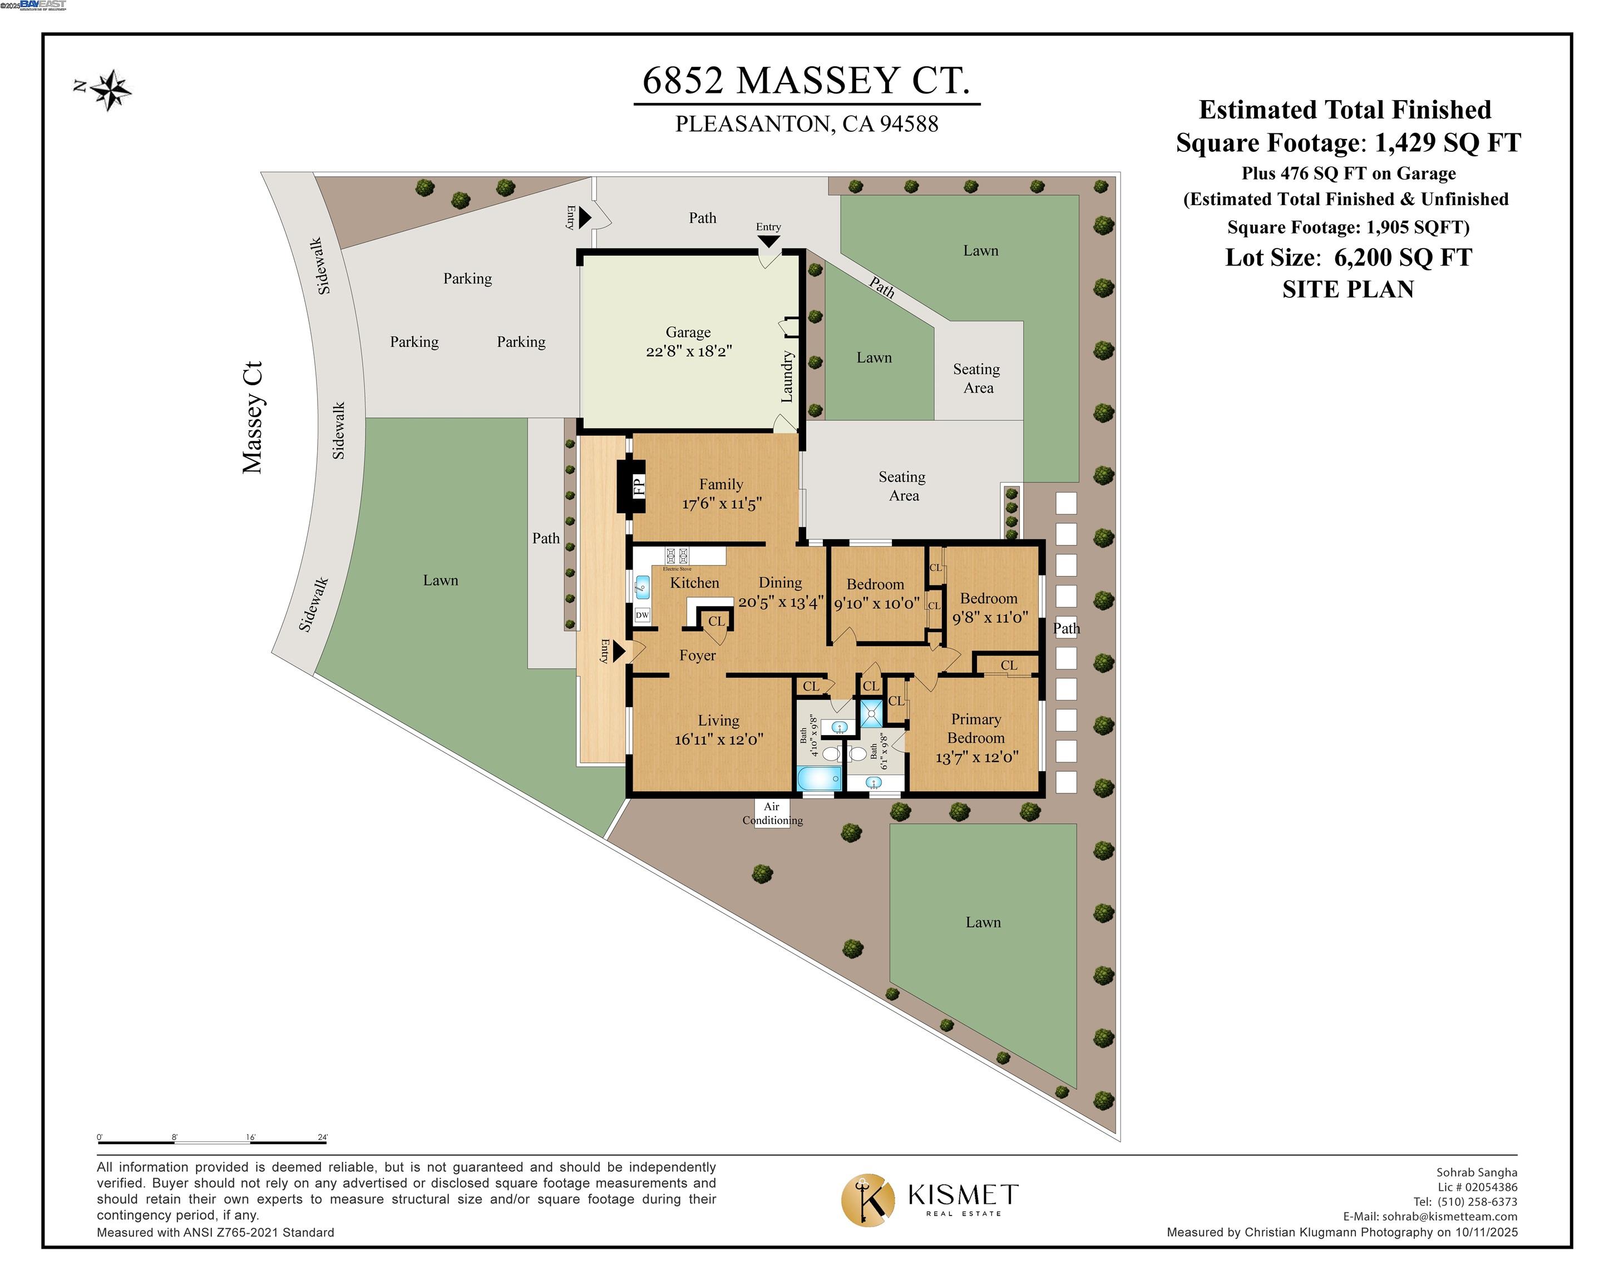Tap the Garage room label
688,332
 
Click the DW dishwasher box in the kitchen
642,615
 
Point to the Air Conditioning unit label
772,813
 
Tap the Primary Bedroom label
976,728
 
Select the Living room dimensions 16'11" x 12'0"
719,740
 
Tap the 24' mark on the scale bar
323,1138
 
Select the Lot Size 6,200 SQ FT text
1348,257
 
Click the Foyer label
698,656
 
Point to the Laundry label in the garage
787,377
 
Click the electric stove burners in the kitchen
677,556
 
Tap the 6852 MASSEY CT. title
806,81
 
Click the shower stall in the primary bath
871,713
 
